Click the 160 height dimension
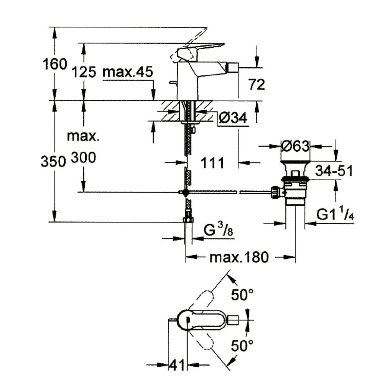pos(55,64)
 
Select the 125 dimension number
pos(84,72)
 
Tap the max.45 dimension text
pos(128,72)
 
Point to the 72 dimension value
pos(256,84)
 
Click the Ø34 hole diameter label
pos(233,118)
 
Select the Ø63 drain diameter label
pos(295,146)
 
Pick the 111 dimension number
pos(212,163)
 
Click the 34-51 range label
pos(334,171)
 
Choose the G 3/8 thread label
pos(218,229)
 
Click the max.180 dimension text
pos(239,257)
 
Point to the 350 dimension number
pos(53,161)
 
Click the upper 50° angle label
pos(242,294)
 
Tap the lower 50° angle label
pos(242,345)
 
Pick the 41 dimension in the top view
pos(177,365)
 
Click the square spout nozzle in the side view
pos(233,68)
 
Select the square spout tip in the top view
pos(233,320)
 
